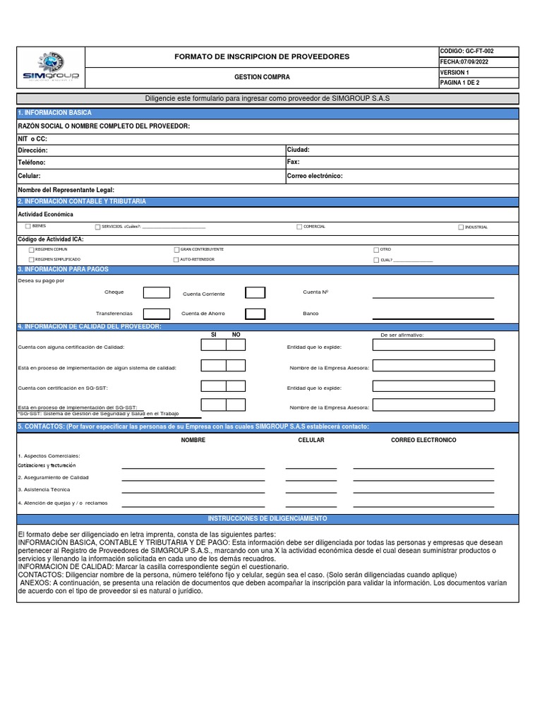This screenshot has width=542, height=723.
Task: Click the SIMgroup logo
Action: coord(51,66)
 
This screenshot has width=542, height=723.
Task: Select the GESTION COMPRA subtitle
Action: coord(262,77)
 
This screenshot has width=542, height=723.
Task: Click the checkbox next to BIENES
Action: coord(28,227)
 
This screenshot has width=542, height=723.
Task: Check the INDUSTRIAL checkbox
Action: coord(461,227)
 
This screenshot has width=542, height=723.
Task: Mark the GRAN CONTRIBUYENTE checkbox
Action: coord(176,249)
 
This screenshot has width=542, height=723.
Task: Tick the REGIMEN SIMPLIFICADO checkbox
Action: coord(31,260)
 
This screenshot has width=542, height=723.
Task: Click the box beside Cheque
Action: coord(157,292)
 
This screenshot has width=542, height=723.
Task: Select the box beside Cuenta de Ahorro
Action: coord(255,314)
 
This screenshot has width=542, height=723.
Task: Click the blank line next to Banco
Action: coord(433,318)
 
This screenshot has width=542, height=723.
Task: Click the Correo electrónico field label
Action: coord(315,176)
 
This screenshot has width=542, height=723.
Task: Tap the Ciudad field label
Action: coord(298,150)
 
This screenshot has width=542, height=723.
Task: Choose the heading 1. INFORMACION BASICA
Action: coord(54,113)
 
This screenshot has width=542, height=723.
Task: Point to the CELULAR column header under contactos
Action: coord(311,440)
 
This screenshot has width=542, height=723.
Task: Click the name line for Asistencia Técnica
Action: coord(193,493)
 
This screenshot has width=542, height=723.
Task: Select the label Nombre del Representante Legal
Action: coord(66,190)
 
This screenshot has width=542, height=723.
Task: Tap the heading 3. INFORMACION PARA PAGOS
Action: coord(63,270)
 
